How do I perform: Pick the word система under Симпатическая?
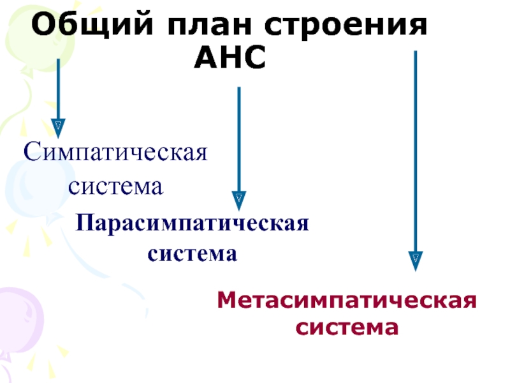coord(117,187)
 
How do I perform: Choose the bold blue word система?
coord(193,253)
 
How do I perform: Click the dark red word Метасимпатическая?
coord(347,299)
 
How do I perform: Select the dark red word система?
coord(347,328)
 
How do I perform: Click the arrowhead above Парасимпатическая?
coord(239,200)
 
